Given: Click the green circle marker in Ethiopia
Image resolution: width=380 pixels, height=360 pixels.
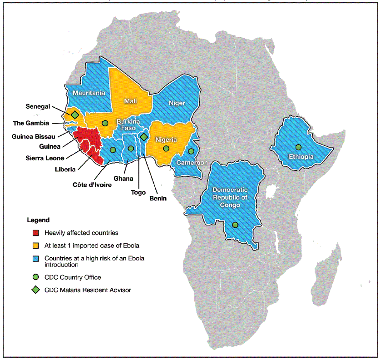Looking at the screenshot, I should (x=298, y=147).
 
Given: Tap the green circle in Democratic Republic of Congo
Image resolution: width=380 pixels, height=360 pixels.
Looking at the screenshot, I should (x=235, y=225).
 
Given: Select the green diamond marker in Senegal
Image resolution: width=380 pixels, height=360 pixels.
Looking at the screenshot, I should (x=74, y=115).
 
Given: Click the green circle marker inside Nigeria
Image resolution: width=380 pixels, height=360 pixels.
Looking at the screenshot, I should (x=166, y=148).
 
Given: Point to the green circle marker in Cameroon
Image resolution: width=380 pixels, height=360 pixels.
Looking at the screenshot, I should (x=191, y=151).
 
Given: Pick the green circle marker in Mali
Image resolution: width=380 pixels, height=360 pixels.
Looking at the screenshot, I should (x=105, y=123).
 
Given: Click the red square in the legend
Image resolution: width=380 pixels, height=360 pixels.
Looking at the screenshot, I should (x=35, y=233).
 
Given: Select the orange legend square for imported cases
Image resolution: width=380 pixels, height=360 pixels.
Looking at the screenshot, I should (x=35, y=246).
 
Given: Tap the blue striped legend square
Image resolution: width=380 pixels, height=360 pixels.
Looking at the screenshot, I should (x=35, y=259).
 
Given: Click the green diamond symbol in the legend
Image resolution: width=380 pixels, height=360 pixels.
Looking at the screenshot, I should (x=35, y=290).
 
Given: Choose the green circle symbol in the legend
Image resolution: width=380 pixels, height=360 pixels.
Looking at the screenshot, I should (x=35, y=277).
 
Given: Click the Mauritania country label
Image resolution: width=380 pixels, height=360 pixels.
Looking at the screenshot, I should (x=89, y=93).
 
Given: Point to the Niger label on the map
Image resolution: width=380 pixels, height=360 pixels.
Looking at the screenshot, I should (x=177, y=103).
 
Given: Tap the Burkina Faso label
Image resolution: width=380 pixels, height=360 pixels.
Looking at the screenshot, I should (x=127, y=125).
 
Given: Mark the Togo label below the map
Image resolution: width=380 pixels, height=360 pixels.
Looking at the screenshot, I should (x=138, y=192).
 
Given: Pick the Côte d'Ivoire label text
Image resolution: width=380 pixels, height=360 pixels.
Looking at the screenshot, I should (x=93, y=185).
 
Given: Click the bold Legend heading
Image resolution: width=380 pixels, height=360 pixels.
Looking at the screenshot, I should (x=38, y=220).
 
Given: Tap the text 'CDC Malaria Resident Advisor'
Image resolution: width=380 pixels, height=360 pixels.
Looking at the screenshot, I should (x=88, y=290).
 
